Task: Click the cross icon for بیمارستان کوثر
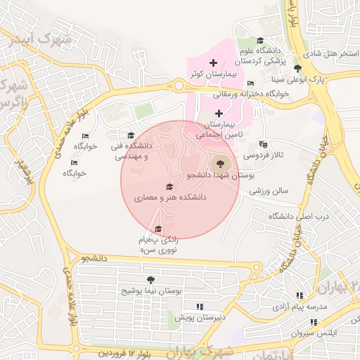(x=213, y=63)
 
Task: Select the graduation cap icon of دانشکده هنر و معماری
(x=169, y=187)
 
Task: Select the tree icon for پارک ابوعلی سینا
(x=297, y=69)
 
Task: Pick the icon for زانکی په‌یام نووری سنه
(x=158, y=229)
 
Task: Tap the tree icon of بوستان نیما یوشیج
(x=150, y=279)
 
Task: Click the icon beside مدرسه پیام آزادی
(x=300, y=296)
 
